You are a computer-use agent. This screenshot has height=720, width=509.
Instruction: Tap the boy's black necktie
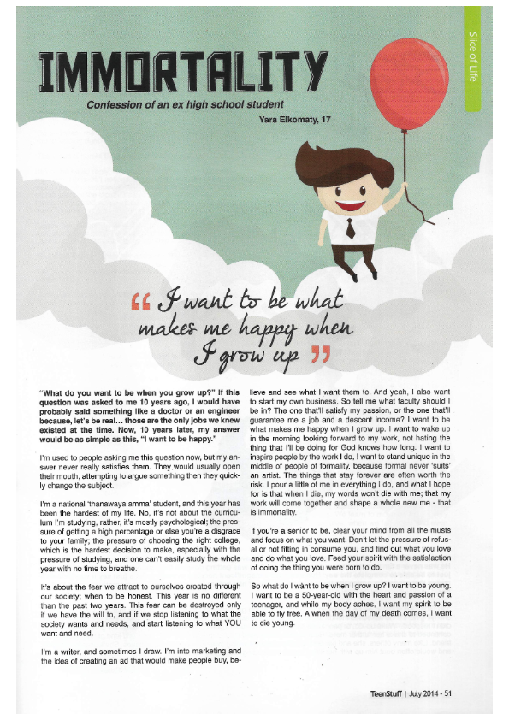[x=350, y=227]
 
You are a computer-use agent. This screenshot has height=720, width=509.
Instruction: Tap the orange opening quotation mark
[x=143, y=304]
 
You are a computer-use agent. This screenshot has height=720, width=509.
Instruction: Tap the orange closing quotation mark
[x=319, y=351]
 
